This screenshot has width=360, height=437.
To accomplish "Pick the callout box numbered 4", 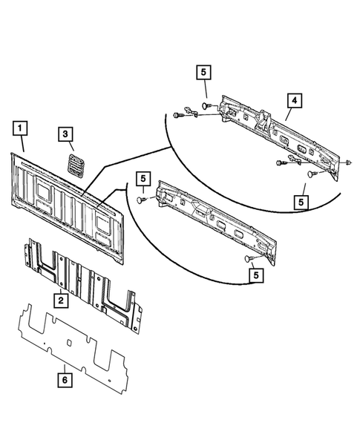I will tap(294, 100).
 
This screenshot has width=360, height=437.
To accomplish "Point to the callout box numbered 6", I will tap(65, 380).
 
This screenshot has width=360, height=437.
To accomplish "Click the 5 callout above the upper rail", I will tap(204, 73).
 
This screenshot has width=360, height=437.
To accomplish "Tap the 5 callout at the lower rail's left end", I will tap(143, 179).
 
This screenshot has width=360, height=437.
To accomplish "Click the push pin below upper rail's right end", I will tap(312, 174).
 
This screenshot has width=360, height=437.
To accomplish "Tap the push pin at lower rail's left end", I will tap(141, 200).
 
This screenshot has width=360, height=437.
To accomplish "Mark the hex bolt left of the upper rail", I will tap(179, 115).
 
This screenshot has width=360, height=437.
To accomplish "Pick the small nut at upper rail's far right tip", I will tap(348, 162).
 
